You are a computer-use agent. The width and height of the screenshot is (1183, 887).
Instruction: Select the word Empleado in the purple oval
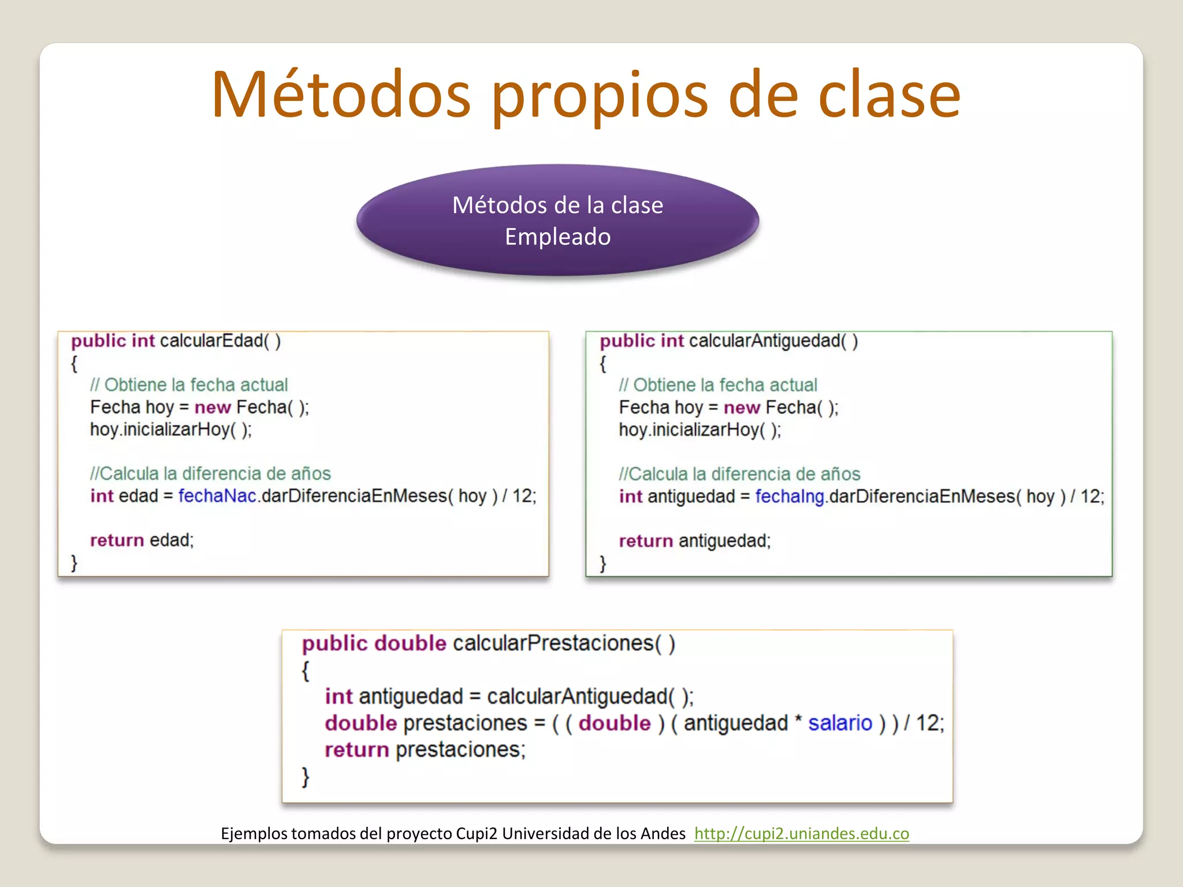(557, 237)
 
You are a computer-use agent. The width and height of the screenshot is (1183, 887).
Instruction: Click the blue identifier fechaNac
(217, 496)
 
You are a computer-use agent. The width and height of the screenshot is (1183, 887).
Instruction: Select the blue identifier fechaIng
(790, 497)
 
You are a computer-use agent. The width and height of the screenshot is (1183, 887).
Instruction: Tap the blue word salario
(840, 723)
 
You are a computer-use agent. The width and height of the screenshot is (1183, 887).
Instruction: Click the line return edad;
(142, 540)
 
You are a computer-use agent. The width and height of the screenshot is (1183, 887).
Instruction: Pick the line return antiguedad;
(694, 541)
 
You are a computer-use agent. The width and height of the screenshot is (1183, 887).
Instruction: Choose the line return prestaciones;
(425, 750)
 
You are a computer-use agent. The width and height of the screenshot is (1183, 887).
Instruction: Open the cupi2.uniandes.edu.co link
(801, 833)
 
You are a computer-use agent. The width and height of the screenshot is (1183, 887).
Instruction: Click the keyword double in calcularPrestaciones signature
(410, 643)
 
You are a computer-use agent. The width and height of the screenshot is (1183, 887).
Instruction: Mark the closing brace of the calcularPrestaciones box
(306, 777)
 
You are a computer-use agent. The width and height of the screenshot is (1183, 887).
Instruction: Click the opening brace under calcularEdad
(74, 364)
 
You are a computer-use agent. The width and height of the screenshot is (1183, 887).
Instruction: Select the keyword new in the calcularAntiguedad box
(742, 408)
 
